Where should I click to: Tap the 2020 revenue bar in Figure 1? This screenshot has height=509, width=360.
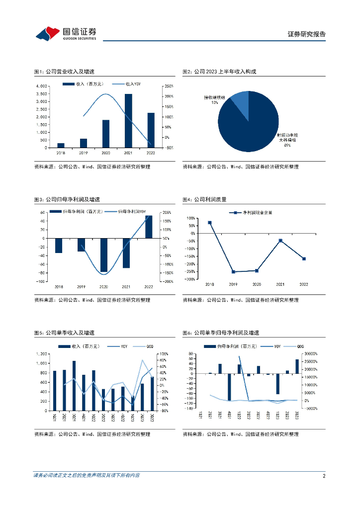[106, 134]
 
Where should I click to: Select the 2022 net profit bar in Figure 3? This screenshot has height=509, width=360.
[149, 227]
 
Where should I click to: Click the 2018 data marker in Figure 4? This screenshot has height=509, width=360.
[210, 223]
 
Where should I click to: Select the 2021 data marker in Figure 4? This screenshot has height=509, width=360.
[280, 241]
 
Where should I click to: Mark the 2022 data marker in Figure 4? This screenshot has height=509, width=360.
[304, 258]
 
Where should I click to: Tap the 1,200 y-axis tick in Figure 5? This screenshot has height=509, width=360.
[42, 354]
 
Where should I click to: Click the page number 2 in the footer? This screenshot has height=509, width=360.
[324, 476]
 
